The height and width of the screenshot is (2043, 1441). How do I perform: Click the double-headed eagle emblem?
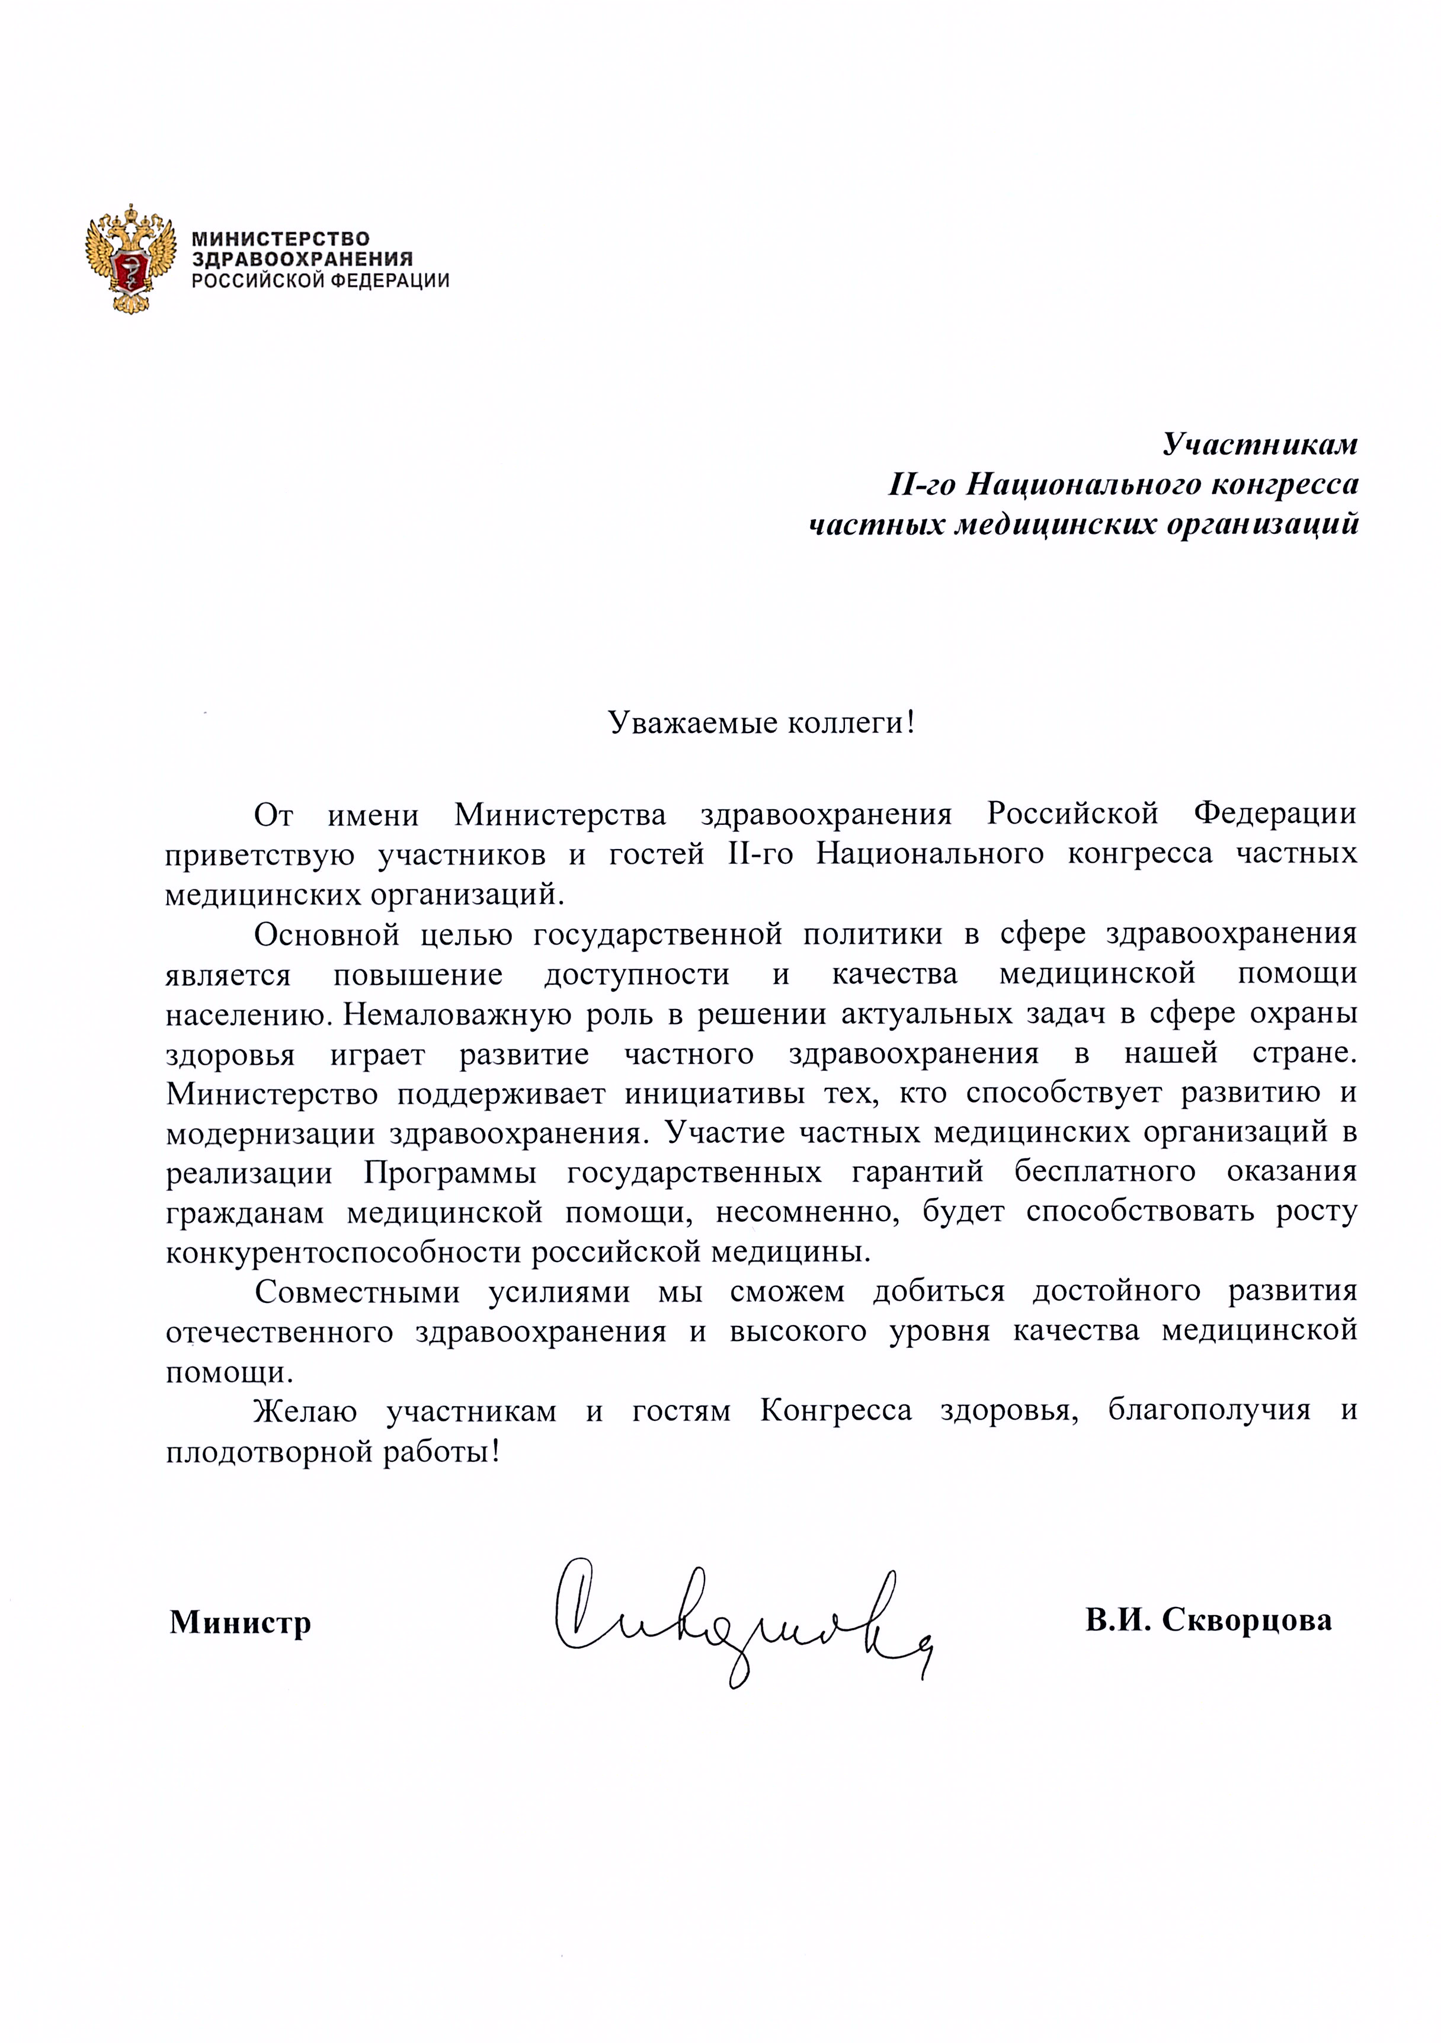[128, 259]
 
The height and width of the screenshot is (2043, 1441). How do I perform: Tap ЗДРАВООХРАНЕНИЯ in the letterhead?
[303, 260]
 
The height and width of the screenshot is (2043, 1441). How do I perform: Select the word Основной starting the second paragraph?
[322, 934]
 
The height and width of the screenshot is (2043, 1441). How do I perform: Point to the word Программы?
[450, 1173]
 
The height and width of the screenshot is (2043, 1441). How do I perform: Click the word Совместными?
[357, 1293]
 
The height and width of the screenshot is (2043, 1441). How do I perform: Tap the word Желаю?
[305, 1412]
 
